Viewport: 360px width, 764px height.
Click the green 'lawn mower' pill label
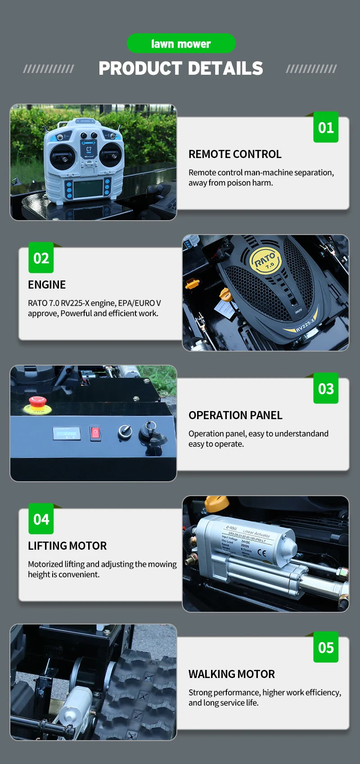(181, 44)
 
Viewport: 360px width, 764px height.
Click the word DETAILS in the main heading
(225, 68)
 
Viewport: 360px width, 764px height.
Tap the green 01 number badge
(326, 127)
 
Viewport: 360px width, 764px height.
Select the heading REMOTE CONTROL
(235, 154)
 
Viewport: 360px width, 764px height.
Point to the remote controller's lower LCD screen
(88, 189)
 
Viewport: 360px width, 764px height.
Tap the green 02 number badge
(41, 258)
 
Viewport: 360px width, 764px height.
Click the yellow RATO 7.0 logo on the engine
(265, 261)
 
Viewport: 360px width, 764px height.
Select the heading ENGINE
(47, 285)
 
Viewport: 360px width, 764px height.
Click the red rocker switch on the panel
(95, 433)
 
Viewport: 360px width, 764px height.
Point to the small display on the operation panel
(67, 433)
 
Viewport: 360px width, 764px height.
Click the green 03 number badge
(326, 389)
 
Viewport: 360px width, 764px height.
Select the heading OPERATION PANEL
(235, 415)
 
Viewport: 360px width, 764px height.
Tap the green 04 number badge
(41, 519)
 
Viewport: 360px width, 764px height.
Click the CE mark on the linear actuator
(261, 553)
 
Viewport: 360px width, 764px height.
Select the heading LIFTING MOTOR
(67, 546)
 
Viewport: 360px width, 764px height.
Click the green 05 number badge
(326, 647)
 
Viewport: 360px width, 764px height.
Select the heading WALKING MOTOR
(231, 674)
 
